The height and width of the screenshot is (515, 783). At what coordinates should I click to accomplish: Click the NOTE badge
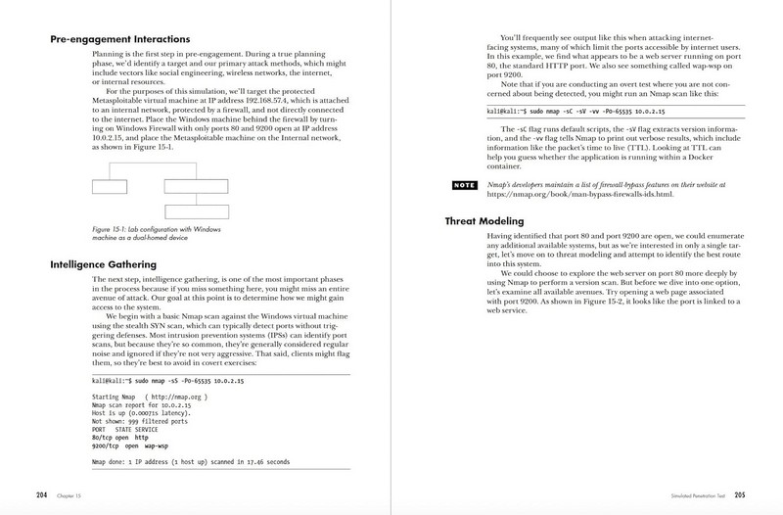click(463, 185)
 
